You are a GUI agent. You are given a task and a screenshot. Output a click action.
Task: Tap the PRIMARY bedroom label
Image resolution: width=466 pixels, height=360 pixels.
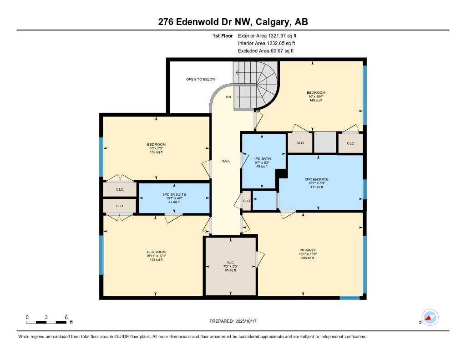point(308,250)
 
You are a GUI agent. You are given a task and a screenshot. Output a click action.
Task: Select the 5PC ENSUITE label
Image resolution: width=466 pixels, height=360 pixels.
point(317,179)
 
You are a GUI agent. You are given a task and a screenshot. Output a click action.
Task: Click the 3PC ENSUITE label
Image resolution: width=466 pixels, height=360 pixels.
point(174,194)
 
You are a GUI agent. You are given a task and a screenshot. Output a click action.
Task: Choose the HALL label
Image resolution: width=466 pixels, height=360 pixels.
point(225,161)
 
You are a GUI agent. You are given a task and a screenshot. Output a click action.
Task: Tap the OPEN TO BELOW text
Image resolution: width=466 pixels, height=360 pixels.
point(201,79)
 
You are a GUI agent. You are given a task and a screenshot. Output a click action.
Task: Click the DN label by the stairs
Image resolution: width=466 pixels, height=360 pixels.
point(228,97)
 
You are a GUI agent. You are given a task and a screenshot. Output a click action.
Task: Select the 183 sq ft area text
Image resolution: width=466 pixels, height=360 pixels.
point(156,259)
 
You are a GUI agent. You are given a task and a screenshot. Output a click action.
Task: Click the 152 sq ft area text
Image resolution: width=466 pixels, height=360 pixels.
point(156,152)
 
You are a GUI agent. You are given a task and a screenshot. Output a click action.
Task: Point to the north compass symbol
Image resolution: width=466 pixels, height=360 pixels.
point(429,318)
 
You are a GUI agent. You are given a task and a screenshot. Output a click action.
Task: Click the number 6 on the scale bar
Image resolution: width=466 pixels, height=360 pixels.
point(66,317)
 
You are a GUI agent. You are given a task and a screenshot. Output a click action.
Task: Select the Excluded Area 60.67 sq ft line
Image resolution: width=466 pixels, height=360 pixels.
point(266,51)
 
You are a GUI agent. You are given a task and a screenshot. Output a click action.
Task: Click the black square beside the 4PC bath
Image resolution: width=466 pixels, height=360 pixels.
point(282,173)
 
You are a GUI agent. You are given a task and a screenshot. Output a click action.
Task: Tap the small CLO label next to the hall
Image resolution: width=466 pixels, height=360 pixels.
point(246,201)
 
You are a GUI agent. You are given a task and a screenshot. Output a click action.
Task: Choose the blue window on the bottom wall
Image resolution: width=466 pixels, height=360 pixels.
point(350,298)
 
